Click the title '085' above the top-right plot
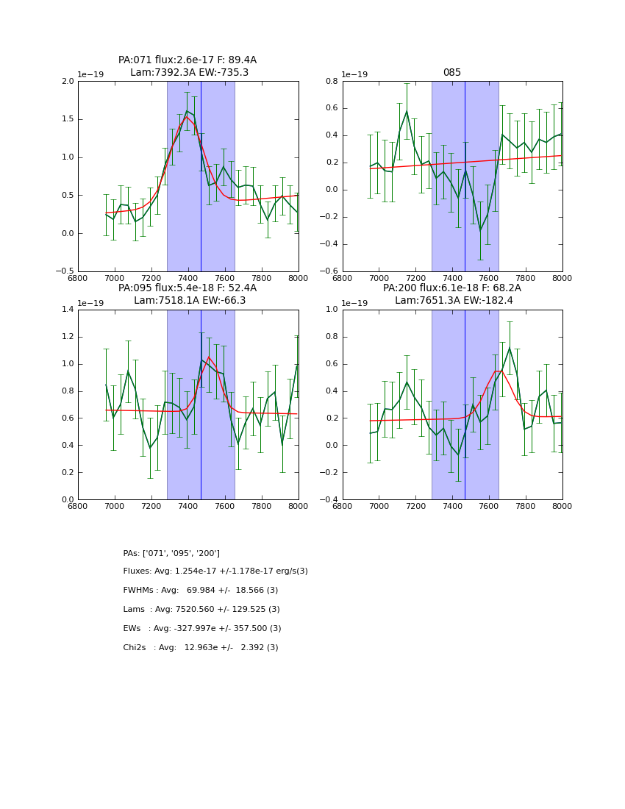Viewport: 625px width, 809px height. (451, 73)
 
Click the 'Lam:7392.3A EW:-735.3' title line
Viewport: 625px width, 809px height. (189, 73)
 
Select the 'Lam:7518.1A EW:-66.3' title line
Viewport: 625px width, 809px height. (190, 300)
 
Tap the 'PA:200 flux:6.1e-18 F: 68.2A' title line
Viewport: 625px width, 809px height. (451, 288)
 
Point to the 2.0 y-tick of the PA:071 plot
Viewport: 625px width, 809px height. (67, 82)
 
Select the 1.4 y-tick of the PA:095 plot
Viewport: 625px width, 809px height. (67, 310)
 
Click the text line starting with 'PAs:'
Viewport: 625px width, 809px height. (171, 553)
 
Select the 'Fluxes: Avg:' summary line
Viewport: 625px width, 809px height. (215, 571)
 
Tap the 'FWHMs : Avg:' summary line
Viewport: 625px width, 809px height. (200, 591)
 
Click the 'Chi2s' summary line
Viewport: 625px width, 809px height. (200, 648)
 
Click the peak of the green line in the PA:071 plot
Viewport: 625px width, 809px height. (187, 111)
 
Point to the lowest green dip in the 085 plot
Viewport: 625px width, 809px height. (480, 230)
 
